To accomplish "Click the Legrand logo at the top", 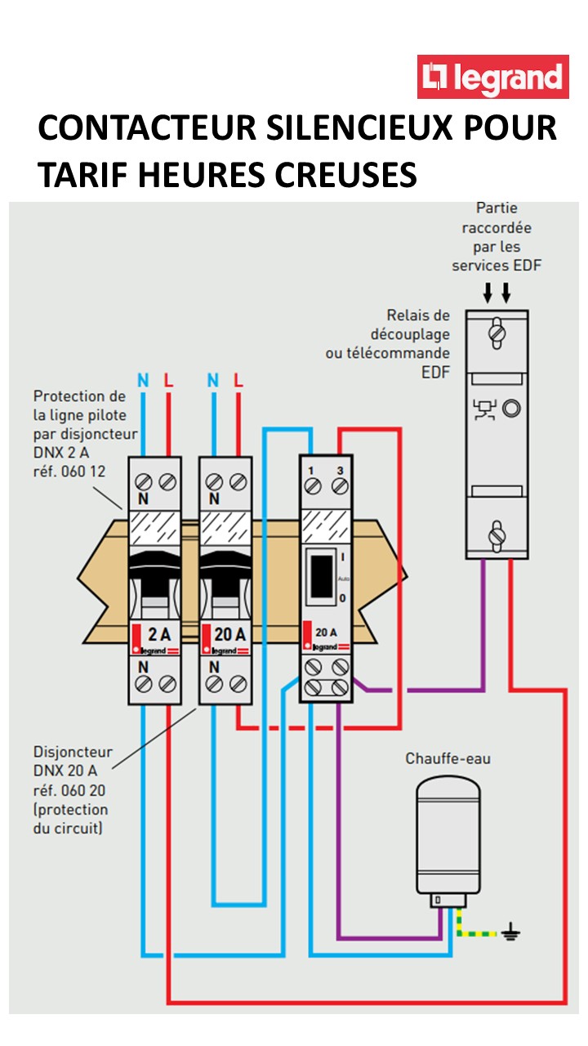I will click(x=492, y=77).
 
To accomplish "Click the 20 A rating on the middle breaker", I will click(x=228, y=633).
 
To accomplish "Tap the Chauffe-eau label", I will click(x=448, y=758).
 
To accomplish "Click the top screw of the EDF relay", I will click(x=496, y=333).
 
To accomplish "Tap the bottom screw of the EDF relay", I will click(x=496, y=535).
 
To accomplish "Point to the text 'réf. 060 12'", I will click(x=71, y=472).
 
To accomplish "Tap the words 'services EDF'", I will click(x=497, y=265).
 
